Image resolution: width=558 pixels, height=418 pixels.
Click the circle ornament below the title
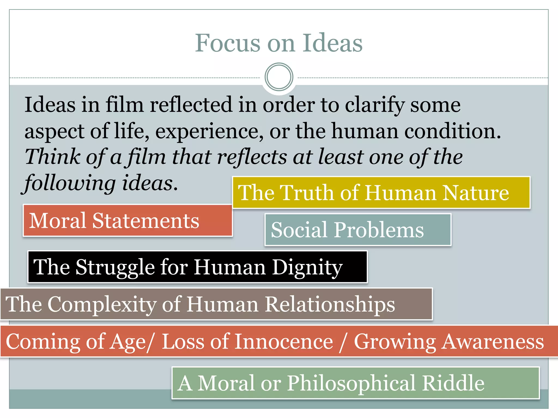click(x=279, y=77)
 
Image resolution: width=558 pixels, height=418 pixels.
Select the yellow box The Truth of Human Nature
click(x=381, y=193)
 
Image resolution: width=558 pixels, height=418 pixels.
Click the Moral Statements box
click(x=128, y=220)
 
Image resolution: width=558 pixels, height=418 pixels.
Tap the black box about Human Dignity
click(x=198, y=267)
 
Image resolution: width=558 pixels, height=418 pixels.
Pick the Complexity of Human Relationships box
click(x=216, y=304)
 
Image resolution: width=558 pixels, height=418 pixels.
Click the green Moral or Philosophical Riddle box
click(x=356, y=383)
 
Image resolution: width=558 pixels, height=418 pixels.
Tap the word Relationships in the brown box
click(x=330, y=304)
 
